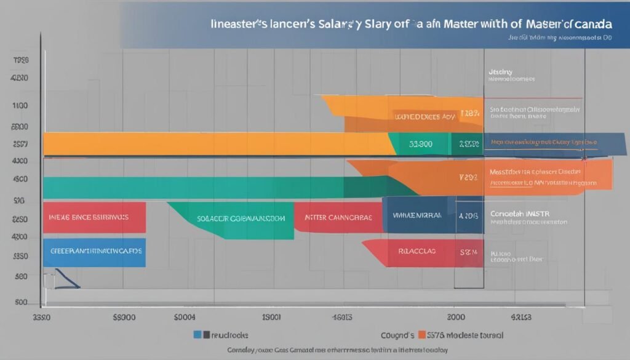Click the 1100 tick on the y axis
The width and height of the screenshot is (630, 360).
pyautogui.click(x=20, y=105)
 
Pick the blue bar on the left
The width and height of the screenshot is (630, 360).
pyautogui.click(x=94, y=252)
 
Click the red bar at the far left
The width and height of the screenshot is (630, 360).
pyautogui.click(x=94, y=217)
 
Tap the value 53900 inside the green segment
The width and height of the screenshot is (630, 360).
pyautogui.click(x=421, y=145)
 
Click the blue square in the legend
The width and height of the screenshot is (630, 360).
pyautogui.click(x=197, y=335)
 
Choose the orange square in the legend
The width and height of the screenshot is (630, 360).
pyautogui.click(x=422, y=335)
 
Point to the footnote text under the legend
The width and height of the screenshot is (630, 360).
pyautogui.click(x=315, y=351)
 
